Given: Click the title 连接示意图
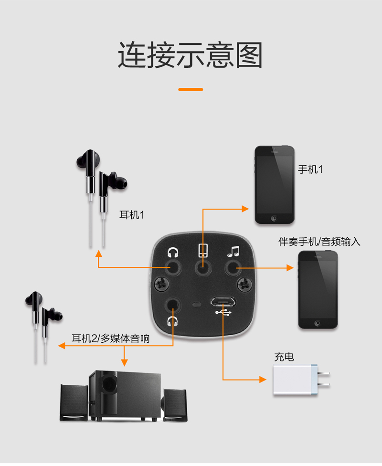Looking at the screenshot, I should (191, 56).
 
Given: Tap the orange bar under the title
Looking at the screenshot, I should (191, 89).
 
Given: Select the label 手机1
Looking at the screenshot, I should (310, 169).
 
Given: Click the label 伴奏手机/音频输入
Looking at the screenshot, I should (319, 242).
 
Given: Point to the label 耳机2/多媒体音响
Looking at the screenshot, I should (110, 339).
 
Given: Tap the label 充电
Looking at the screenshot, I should (284, 357).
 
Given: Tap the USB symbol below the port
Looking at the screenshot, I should (223, 313).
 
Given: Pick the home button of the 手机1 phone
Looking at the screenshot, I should (274, 218).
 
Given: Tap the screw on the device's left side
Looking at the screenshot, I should (162, 285).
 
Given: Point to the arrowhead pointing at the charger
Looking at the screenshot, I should (262, 380).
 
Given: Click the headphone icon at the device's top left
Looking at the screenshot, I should (172, 252).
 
